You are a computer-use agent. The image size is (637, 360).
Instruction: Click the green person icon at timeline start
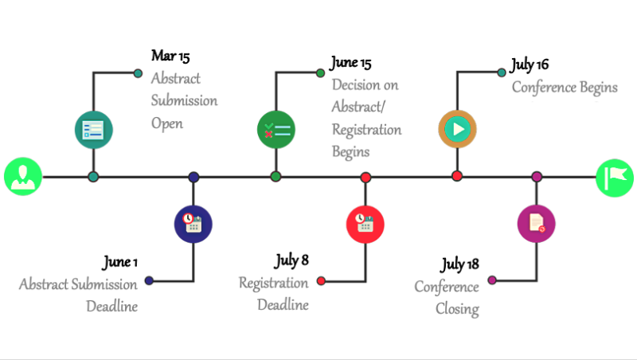pos(22,177)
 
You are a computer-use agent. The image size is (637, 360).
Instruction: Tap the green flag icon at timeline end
pos(615,177)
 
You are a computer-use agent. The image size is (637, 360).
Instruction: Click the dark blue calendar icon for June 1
pos(193,224)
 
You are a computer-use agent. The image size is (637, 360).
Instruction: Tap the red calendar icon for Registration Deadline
pos(365,224)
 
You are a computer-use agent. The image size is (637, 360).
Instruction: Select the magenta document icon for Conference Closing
pos(536,224)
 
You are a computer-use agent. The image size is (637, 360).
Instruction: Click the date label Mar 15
pos(170,57)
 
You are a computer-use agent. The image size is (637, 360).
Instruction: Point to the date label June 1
pos(119,263)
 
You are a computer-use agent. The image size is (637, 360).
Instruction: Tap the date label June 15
pos(350,63)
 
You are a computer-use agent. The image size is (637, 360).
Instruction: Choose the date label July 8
pos(291,260)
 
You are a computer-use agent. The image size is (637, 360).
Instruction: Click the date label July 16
pos(530,65)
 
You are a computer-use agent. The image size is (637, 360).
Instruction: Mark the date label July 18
pos(459,264)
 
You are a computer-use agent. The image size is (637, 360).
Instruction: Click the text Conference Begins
pos(565,87)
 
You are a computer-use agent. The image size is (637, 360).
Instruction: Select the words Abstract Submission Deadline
pos(79,295)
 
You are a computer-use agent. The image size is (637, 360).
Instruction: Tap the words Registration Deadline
pos(274,293)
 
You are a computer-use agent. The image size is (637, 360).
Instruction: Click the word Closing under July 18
pos(457,308)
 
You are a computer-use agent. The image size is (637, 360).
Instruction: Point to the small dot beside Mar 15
pos(138,72)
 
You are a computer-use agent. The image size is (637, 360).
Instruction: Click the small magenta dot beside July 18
pos(491,280)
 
